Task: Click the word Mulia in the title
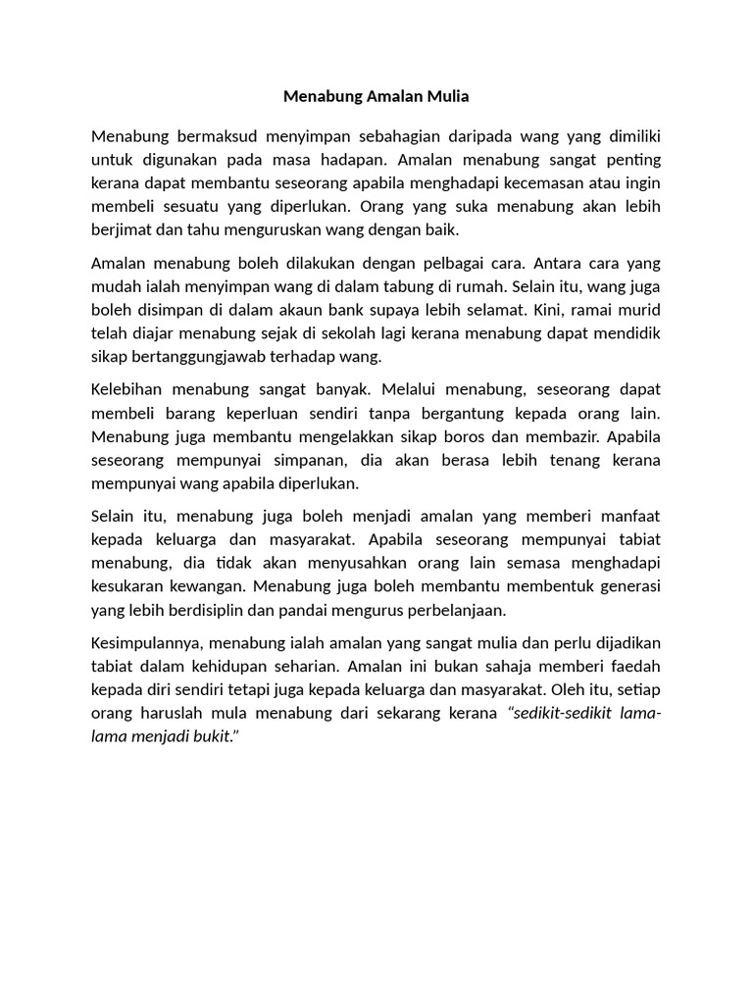click(x=446, y=96)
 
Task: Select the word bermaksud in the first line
click(x=203, y=134)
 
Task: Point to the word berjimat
click(x=120, y=230)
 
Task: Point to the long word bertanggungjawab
click(x=210, y=357)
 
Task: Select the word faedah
click(x=632, y=666)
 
